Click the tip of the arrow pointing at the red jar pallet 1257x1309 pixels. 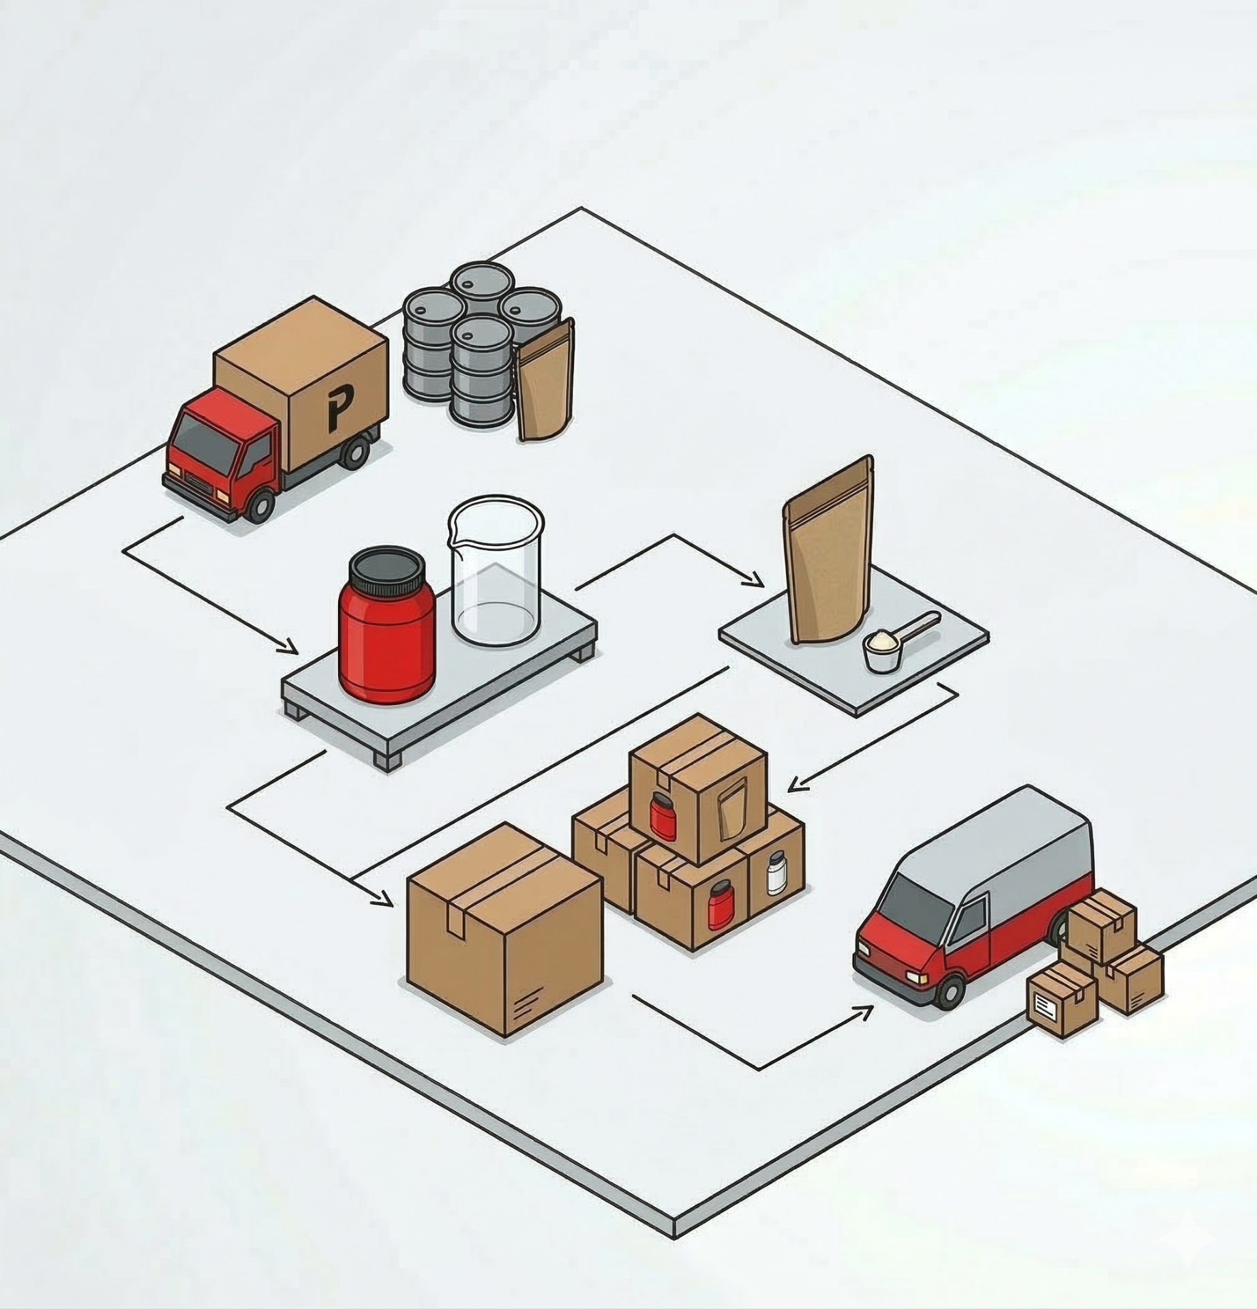tap(297, 653)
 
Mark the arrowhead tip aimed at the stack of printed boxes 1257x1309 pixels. tap(788, 792)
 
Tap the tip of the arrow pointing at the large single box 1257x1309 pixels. tap(393, 906)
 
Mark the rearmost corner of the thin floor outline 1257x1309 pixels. tap(581, 207)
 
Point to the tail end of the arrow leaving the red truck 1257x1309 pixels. tap(183, 517)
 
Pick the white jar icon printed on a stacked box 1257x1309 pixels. tap(776, 873)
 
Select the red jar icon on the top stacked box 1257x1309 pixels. tap(658, 815)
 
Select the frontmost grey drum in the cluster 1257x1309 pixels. tap(481, 372)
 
